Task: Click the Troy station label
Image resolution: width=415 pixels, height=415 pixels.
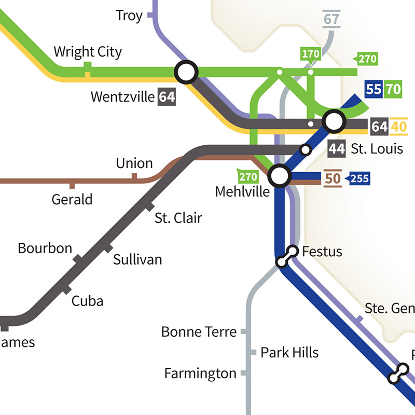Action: tap(129, 16)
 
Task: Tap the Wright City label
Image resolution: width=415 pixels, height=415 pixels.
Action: tap(88, 52)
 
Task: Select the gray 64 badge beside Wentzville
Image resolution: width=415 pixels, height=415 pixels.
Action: tap(167, 97)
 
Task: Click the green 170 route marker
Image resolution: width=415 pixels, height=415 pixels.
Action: tap(311, 54)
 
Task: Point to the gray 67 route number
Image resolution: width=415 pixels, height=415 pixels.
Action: tap(330, 19)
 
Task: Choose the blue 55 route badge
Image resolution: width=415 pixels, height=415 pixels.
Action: tap(374, 89)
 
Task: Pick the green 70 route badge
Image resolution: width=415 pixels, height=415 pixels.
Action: tap(393, 89)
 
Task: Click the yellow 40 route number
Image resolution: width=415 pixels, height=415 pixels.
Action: tap(399, 127)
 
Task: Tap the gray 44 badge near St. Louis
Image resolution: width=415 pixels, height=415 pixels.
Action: tap(337, 149)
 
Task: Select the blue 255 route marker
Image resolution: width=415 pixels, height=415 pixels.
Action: tap(359, 179)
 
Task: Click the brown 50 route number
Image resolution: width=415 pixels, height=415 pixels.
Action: tap(332, 179)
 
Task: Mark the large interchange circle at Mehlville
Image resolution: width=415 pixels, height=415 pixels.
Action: tap(280, 176)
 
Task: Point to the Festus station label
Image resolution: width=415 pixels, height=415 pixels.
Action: tap(322, 252)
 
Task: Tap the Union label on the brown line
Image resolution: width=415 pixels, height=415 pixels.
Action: tap(134, 163)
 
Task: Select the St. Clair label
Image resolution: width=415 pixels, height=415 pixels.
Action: tap(178, 217)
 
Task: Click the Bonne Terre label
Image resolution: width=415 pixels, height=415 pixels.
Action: tap(199, 331)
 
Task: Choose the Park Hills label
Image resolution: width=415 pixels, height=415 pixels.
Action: tap(289, 353)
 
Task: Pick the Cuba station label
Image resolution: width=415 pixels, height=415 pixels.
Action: tap(87, 300)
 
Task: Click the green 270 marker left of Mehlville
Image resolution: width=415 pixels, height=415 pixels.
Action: tap(248, 177)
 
